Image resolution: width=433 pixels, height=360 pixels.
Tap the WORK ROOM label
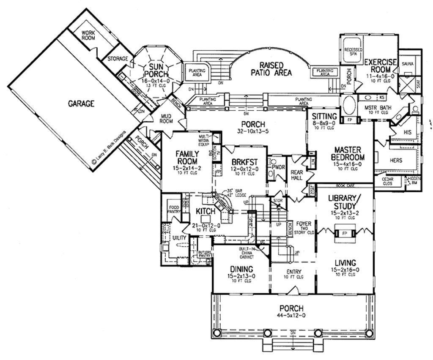pyautogui.click(x=88, y=35)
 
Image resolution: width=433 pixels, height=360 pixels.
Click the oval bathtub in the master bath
pyautogui.click(x=349, y=104)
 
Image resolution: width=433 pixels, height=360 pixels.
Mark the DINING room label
pyautogui.click(x=241, y=269)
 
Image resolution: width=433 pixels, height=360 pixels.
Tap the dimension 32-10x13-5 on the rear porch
pyautogui.click(x=253, y=131)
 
